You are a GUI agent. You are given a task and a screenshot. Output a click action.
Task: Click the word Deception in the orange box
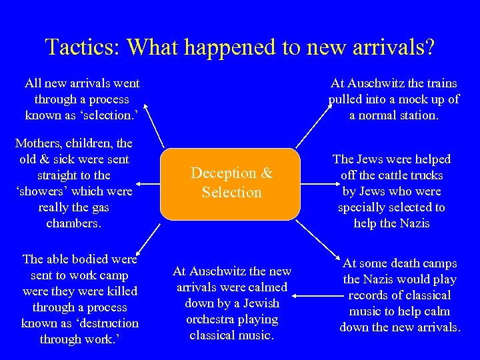pos(223,173)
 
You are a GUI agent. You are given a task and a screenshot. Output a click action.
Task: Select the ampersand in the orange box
pos(267,173)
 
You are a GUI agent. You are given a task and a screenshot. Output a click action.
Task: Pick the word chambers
pos(73,223)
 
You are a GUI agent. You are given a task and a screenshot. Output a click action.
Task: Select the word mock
pos(411,99)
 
